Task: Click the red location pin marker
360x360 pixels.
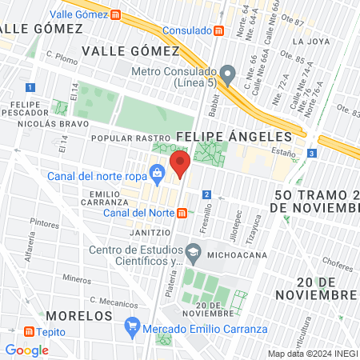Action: pyautogui.click(x=181, y=166)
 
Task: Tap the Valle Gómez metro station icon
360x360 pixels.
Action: pyautogui.click(x=117, y=14)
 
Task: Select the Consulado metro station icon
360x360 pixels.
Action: pyautogui.click(x=219, y=30)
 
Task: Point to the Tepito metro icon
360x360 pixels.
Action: pyautogui.click(x=30, y=332)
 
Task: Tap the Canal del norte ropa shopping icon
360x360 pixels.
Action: pyautogui.click(x=158, y=171)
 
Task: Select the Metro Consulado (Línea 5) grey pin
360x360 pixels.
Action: pyautogui.click(x=228, y=74)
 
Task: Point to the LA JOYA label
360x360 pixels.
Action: pyautogui.click(x=310, y=41)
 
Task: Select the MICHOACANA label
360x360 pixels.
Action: pyautogui.click(x=232, y=256)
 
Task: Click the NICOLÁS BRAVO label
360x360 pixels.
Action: pyautogui.click(x=41, y=125)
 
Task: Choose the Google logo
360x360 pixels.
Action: pyautogui.click(x=26, y=350)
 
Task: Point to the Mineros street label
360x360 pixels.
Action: pyautogui.click(x=77, y=279)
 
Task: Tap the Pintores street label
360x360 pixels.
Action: pyautogui.click(x=44, y=223)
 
